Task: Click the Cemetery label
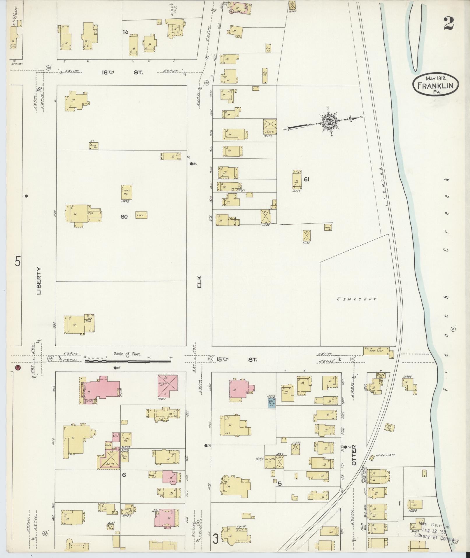tap(357, 299)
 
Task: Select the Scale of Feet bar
tap(128, 361)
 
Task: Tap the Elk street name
tap(200, 282)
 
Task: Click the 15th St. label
tap(236, 360)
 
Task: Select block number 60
tap(124, 217)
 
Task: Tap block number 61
tap(306, 179)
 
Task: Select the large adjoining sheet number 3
tap(215, 539)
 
